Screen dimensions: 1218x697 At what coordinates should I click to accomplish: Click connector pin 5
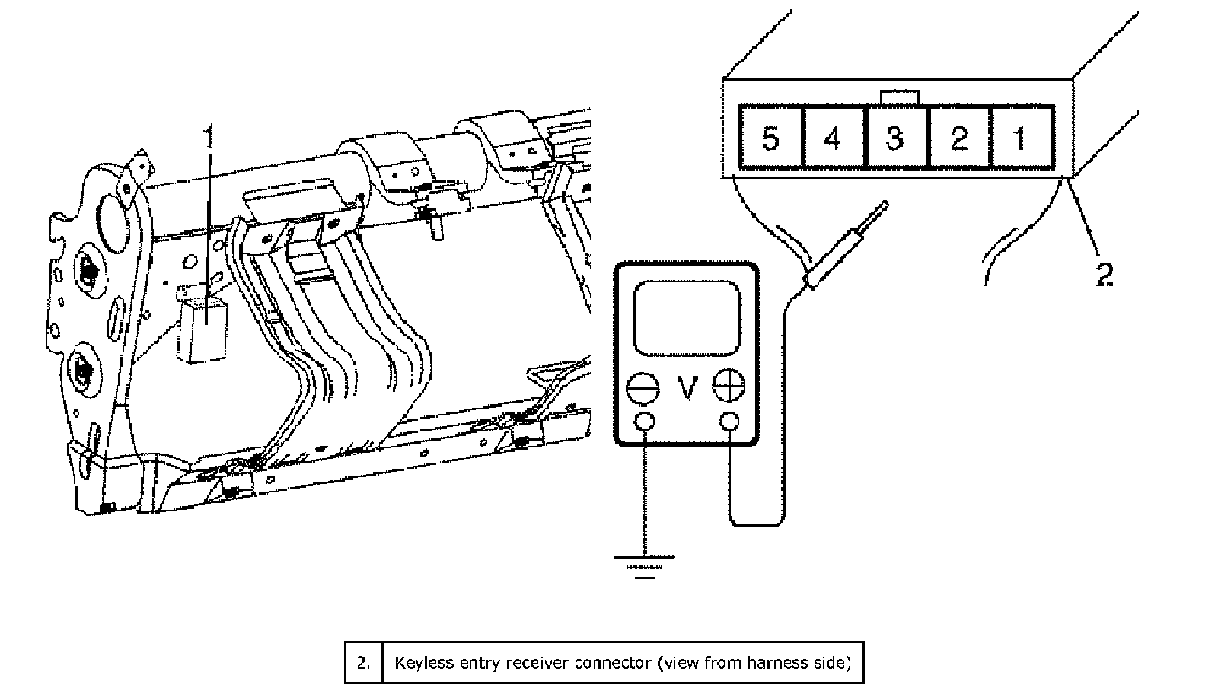point(770,137)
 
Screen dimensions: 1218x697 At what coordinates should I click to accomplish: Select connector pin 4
point(833,137)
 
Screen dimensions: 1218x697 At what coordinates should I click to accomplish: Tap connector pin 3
point(895,137)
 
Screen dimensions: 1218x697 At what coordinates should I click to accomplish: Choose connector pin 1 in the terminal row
point(1022,137)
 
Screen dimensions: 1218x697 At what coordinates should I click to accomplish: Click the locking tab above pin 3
point(900,98)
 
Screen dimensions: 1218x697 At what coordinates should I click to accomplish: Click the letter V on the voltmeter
point(687,388)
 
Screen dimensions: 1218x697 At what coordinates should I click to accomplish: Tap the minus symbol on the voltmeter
point(642,388)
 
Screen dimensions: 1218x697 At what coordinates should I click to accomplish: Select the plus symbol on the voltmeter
point(729,386)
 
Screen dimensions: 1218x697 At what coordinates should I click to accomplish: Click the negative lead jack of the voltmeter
point(645,422)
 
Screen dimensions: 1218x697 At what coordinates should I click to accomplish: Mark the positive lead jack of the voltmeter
point(729,422)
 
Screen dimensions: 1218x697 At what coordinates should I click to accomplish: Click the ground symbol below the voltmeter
point(644,567)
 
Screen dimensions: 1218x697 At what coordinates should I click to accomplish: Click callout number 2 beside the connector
point(1105,275)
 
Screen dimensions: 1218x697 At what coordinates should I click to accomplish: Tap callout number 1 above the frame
point(209,136)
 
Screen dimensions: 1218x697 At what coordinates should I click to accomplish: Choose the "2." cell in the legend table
point(364,663)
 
